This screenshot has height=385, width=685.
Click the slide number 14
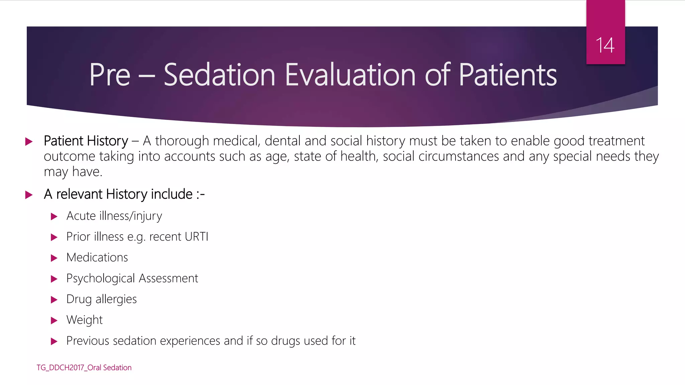pos(605,45)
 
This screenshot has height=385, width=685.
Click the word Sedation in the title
pos(219,75)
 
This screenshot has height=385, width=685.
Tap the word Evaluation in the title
pos(350,75)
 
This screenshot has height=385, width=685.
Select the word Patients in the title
pos(507,75)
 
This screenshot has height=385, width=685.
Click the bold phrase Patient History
pos(86,141)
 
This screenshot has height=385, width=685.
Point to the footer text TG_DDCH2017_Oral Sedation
pos(84,368)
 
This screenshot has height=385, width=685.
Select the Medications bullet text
pos(97,258)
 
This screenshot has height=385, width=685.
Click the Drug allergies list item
pos(101,299)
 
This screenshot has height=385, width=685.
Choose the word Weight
pos(84,320)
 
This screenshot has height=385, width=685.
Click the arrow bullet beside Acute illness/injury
pos(54,217)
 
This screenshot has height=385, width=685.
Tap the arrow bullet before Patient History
pos(29,141)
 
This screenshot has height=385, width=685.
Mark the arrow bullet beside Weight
pos(54,321)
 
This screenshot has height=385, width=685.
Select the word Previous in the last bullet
pos(88,341)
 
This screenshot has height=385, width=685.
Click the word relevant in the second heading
pos(79,194)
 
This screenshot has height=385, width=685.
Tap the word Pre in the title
pos(109,75)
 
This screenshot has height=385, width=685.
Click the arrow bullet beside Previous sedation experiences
pos(54,342)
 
